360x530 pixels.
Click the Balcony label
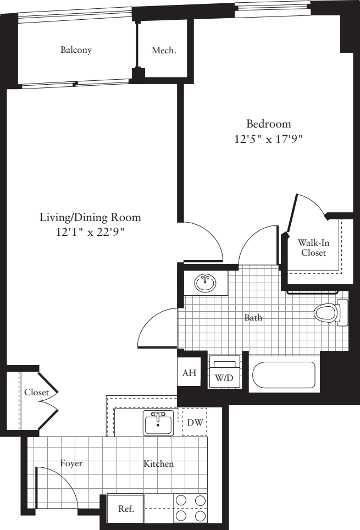click(76, 50)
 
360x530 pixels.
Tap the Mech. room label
click(164, 51)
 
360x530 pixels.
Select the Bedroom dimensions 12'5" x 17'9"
click(268, 140)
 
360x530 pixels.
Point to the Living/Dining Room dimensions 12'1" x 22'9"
click(90, 233)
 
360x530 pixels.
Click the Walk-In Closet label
click(312, 248)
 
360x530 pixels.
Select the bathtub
click(284, 374)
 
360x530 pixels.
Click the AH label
click(189, 373)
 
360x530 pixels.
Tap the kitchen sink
click(158, 422)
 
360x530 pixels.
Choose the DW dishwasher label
click(194, 422)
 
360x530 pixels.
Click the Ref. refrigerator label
click(126, 509)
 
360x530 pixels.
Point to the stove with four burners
click(191, 508)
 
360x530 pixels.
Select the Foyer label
click(71, 463)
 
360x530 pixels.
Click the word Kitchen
click(158, 464)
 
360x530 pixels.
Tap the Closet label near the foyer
click(36, 393)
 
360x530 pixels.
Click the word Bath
click(253, 317)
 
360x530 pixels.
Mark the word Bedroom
click(268, 124)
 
